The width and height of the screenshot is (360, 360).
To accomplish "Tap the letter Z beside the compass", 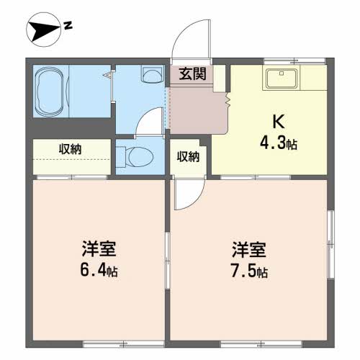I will (x=67, y=27).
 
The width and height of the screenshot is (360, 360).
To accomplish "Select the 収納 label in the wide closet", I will (x=70, y=149).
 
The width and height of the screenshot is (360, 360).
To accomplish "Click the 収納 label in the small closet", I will (x=188, y=156).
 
